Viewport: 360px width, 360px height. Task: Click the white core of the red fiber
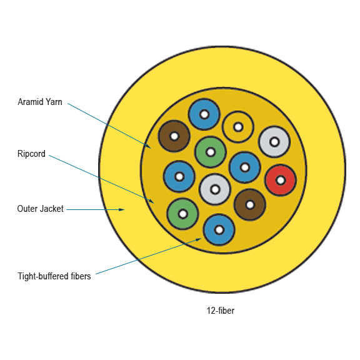coord(281,180)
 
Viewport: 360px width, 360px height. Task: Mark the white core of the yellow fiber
coord(238,127)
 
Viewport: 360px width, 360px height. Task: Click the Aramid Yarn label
coord(40,102)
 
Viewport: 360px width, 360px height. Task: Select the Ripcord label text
coord(31,154)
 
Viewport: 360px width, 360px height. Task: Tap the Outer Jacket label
coord(40,209)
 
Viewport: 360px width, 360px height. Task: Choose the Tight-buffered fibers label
coord(54,276)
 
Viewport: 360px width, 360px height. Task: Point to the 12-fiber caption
coord(221,311)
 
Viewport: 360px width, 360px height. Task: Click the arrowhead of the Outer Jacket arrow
coord(122,209)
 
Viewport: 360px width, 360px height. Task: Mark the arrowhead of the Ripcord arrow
coord(151,201)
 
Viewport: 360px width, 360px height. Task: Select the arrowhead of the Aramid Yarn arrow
coord(148,146)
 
